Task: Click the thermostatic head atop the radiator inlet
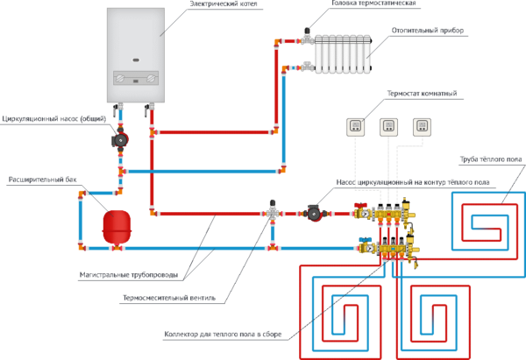point(306,32)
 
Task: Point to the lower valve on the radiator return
point(306,67)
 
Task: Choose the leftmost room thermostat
point(355,126)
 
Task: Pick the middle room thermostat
point(388,126)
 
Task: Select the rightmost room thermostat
point(422,126)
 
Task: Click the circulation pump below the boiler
point(120,139)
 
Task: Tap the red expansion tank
point(117,226)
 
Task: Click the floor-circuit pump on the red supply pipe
point(314,213)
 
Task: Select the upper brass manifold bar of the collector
point(386,213)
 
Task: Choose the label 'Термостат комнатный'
point(421,94)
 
